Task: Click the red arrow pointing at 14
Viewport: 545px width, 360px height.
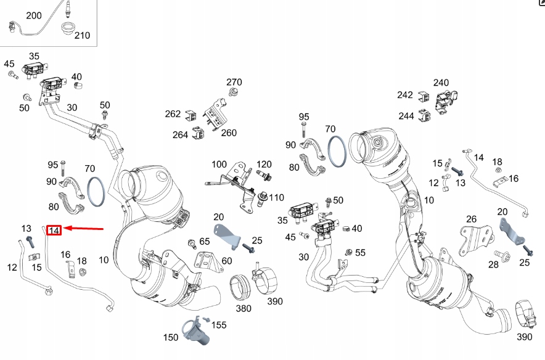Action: pyautogui.click(x=83, y=229)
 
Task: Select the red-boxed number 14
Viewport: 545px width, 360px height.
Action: pyautogui.click(x=54, y=230)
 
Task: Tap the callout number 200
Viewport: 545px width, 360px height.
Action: pyautogui.click(x=34, y=15)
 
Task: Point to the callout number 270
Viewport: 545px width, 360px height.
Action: pyautogui.click(x=234, y=83)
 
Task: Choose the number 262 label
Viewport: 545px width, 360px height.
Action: pyautogui.click(x=173, y=114)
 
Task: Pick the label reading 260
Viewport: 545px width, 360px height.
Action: pyautogui.click(x=228, y=133)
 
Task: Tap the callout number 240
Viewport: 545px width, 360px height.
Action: pyautogui.click(x=441, y=83)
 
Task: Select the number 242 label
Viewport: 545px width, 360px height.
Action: pyautogui.click(x=405, y=95)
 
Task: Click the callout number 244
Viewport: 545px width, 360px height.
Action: pyautogui.click(x=406, y=115)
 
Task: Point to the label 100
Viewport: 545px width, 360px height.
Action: pyautogui.click(x=219, y=164)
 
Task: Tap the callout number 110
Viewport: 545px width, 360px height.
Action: pyautogui.click(x=276, y=198)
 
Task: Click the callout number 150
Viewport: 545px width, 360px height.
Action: pyautogui.click(x=171, y=337)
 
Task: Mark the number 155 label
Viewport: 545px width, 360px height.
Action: pyautogui.click(x=219, y=325)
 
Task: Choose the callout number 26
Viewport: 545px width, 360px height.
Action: pyautogui.click(x=471, y=219)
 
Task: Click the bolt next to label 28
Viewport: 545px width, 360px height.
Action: pyautogui.click(x=500, y=253)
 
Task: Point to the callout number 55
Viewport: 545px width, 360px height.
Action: pyautogui.click(x=360, y=253)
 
